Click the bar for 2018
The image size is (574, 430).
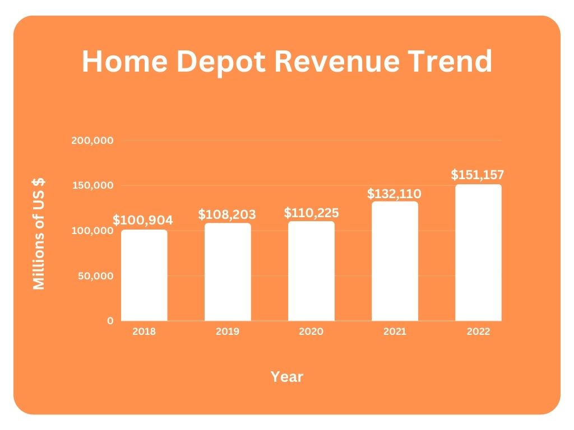tap(144, 275)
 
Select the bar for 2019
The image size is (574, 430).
tap(228, 272)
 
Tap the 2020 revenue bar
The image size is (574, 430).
tap(311, 271)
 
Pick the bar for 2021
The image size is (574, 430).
tap(395, 261)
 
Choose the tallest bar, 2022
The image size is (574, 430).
tap(478, 253)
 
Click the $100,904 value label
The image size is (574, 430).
tap(143, 220)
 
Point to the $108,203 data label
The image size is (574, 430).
tap(227, 214)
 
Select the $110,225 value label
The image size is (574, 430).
tap(311, 213)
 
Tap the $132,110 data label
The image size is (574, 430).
tap(394, 194)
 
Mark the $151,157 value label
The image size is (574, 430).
tap(478, 175)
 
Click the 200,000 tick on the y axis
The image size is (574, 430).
tap(92, 141)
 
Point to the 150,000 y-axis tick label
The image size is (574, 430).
tap(92, 186)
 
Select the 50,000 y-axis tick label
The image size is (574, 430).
tap(96, 276)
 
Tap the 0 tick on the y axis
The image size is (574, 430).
tap(110, 321)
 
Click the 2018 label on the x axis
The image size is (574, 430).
tap(144, 331)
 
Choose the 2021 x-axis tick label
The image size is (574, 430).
tap(395, 331)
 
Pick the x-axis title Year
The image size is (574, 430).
tap(287, 377)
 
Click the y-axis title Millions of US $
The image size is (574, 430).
tap(39, 233)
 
